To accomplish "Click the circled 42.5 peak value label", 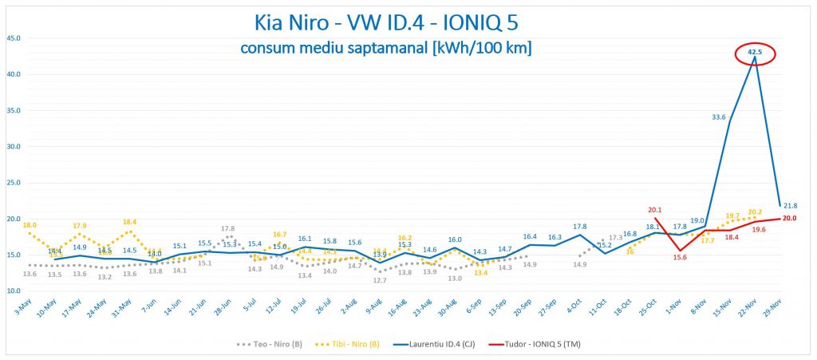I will point(755,53).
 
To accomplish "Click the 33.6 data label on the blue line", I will point(718,117).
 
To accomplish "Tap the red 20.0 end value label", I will point(790,218).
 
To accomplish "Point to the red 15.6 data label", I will point(680,257).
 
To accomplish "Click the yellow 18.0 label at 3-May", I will point(30,225).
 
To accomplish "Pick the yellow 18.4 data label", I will point(129,222).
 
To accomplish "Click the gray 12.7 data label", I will point(379,280).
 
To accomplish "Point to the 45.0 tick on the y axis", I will point(14,38).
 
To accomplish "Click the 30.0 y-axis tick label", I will point(14,146).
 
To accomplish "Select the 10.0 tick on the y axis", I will point(14,291).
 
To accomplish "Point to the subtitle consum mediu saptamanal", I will point(386,49).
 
